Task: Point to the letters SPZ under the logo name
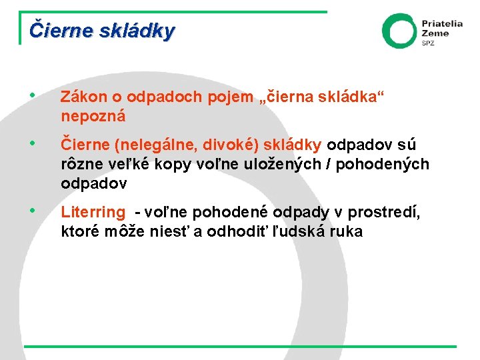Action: point(427,43)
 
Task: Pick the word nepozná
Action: point(93,116)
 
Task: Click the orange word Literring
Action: point(93,213)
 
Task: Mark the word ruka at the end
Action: point(347,232)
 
